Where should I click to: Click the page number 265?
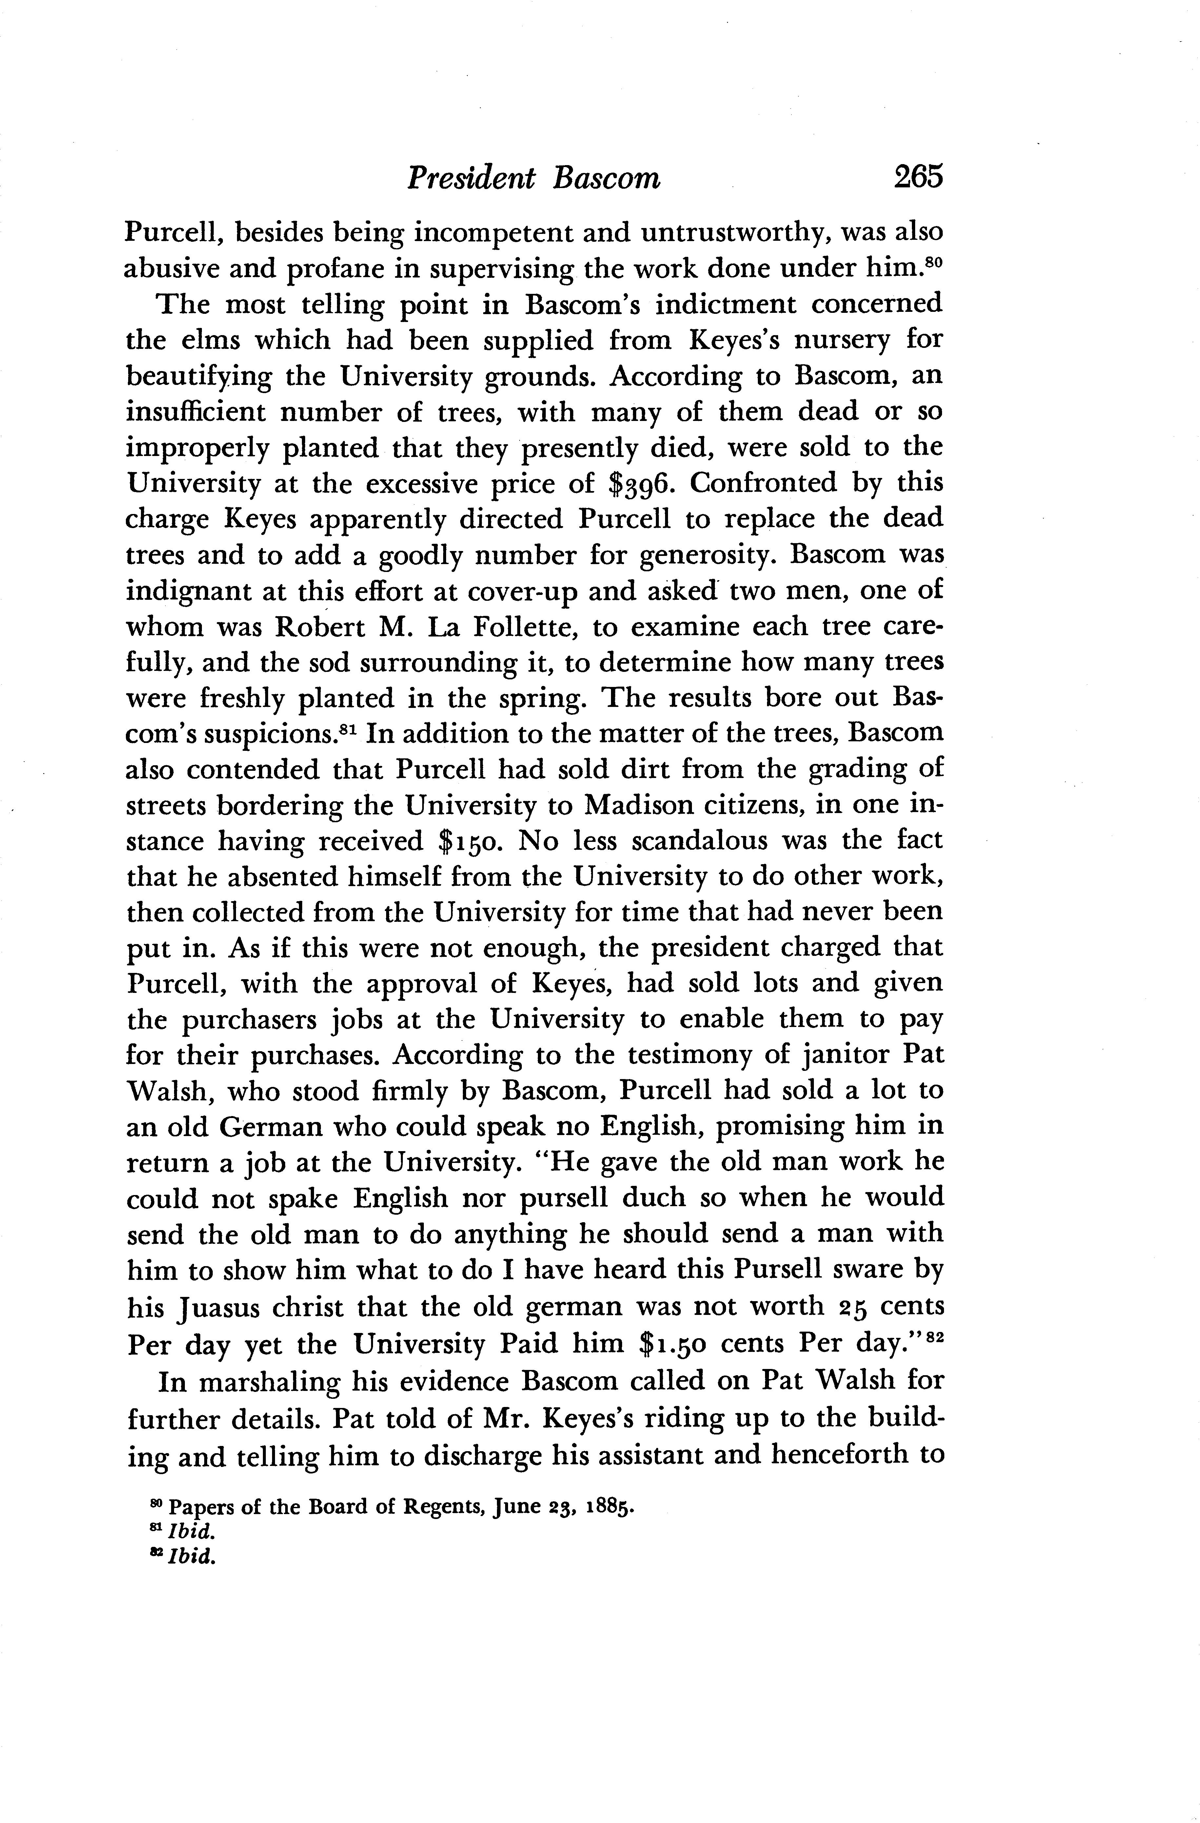coord(916,177)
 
